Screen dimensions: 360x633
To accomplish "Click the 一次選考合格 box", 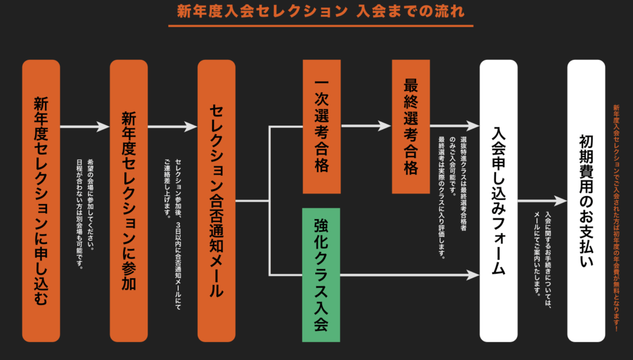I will point(321,126).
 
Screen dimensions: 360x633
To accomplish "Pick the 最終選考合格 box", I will point(410,126).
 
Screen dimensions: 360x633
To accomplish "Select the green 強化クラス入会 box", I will point(321,275).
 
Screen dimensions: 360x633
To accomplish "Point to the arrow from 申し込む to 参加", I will point(85,126).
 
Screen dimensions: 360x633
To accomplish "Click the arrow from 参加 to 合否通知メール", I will point(172,126).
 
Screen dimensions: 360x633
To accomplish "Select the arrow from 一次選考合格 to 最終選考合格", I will point(366,126).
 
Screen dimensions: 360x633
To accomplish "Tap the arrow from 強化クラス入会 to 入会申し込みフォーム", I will point(408,273).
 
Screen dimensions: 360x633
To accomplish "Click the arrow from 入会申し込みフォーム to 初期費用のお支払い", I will point(542,201).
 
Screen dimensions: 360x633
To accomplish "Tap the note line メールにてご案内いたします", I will point(537,254).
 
